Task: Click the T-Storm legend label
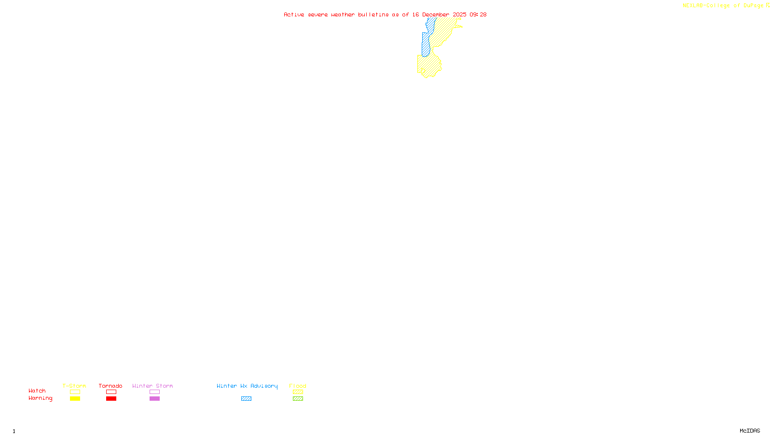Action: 74,386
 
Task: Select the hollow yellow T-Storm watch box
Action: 75,392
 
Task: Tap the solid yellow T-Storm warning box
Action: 75,399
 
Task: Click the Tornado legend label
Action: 110,386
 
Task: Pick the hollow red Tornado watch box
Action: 111,392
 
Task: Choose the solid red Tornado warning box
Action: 111,399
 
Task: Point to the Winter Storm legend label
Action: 152,386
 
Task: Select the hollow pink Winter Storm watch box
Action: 154,392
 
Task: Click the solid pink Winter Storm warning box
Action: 154,399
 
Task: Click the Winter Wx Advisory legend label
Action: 247,386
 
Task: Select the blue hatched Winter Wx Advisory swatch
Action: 246,399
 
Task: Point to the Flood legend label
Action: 298,386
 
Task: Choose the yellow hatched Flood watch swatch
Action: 298,392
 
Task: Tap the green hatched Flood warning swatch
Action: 298,399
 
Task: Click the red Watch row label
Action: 37,391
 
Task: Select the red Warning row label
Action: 41,398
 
